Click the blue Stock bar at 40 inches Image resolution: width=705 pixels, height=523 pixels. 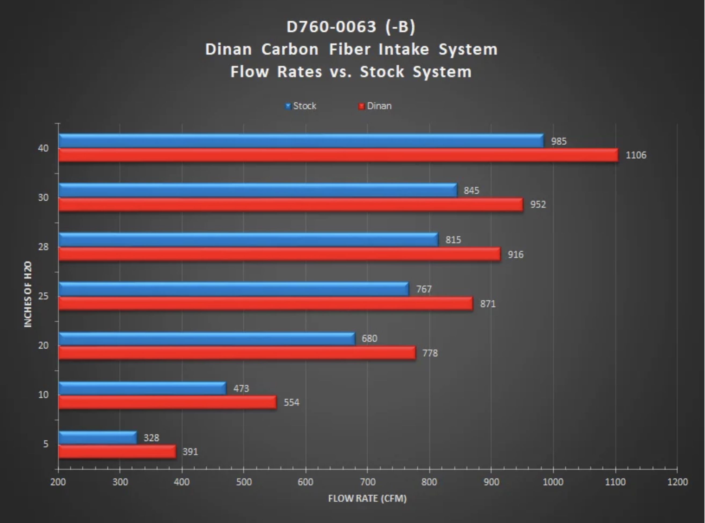tap(301, 141)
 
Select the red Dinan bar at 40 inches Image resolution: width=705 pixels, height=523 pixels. tap(338, 155)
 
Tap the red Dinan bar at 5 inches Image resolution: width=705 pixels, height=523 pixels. tap(117, 451)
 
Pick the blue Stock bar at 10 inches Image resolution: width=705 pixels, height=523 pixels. tap(142, 388)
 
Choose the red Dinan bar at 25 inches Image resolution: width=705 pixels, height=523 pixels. tap(266, 303)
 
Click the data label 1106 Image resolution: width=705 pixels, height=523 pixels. tap(636, 155)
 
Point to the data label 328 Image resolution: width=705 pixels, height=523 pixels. tap(151, 438)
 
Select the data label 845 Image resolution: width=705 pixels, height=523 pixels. tap(471, 191)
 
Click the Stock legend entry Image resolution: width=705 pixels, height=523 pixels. tap(301, 106)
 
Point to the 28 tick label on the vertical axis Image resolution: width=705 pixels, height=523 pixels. tap(43, 247)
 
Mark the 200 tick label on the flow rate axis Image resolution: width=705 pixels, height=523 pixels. tap(58, 482)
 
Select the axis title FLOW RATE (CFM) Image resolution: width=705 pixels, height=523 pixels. tap(367, 499)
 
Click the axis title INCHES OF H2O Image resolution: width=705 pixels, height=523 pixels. tap(28, 294)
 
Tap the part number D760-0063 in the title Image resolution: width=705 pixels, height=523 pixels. tap(331, 27)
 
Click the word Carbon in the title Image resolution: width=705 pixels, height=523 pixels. tap(290, 50)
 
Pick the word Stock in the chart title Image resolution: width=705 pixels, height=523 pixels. tap(382, 72)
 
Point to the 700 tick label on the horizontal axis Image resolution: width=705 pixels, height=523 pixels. tap(368, 482)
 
